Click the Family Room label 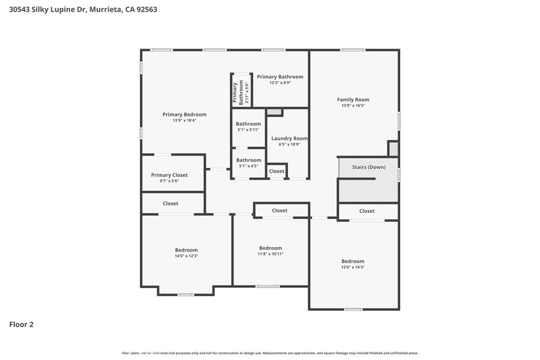click(x=353, y=100)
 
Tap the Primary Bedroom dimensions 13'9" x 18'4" click(x=185, y=121)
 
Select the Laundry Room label click(x=290, y=138)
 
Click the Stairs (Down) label click(x=369, y=167)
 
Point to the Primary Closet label click(x=169, y=175)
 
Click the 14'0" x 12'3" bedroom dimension click(x=186, y=256)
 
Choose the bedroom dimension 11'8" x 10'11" click(x=271, y=254)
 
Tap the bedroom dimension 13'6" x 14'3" click(x=353, y=267)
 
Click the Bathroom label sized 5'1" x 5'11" click(x=248, y=124)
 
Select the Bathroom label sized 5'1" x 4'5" click(x=249, y=160)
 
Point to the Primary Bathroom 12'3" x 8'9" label click(x=280, y=79)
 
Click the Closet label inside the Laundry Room click(x=276, y=171)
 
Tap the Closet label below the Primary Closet click(x=170, y=203)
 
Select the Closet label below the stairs click(x=367, y=211)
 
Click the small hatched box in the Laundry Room click(x=274, y=112)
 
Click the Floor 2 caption click(x=21, y=325)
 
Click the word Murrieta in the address click(x=105, y=9)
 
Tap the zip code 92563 click(x=147, y=9)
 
